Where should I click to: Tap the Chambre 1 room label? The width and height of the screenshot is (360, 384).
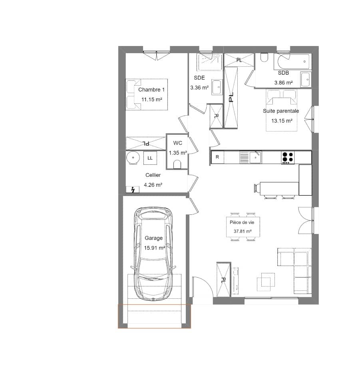click(151, 90)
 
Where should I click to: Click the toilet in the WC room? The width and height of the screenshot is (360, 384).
click(178, 164)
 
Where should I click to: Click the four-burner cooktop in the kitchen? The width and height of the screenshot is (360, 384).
click(288, 157)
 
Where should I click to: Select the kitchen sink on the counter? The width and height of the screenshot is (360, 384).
click(255, 157)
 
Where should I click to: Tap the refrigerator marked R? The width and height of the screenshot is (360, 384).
click(217, 157)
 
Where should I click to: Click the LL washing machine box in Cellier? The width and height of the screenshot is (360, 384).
click(150, 158)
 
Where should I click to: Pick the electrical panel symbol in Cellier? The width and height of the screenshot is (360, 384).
click(132, 190)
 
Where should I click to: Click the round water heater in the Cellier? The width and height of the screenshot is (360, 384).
click(133, 158)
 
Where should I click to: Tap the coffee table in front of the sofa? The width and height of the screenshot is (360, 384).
click(266, 280)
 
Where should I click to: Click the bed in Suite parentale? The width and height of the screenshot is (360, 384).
click(282, 110)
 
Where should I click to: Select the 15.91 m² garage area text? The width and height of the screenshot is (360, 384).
click(155, 248)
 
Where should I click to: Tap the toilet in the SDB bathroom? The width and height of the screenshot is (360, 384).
click(264, 58)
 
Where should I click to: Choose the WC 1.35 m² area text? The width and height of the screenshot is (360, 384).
click(178, 153)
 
